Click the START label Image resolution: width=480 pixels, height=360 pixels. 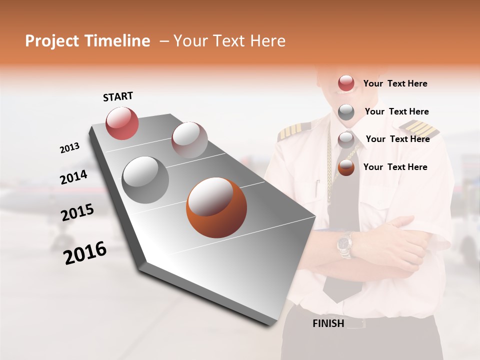click(x=118, y=96)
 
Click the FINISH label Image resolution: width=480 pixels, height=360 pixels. click(x=328, y=323)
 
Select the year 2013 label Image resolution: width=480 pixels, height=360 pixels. click(x=69, y=148)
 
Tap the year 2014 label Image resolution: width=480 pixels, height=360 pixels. click(x=73, y=177)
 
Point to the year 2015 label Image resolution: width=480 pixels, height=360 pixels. click(x=77, y=212)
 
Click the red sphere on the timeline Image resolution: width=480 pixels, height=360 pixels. click(x=122, y=123)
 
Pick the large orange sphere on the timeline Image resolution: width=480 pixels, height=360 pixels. click(x=216, y=207)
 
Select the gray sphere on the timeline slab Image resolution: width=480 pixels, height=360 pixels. click(x=145, y=179)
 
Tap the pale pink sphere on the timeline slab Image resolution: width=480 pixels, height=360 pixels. click(x=189, y=139)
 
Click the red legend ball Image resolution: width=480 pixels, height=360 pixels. click(x=346, y=83)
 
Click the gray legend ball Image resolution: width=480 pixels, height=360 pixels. click(x=346, y=111)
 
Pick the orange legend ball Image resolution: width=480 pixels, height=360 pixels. click(x=346, y=167)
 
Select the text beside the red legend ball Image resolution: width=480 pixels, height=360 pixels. click(x=395, y=83)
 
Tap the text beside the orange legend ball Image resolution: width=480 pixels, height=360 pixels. click(x=395, y=167)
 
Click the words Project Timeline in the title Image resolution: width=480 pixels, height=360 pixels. click(x=87, y=41)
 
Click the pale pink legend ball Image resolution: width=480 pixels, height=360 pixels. click(x=346, y=139)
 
